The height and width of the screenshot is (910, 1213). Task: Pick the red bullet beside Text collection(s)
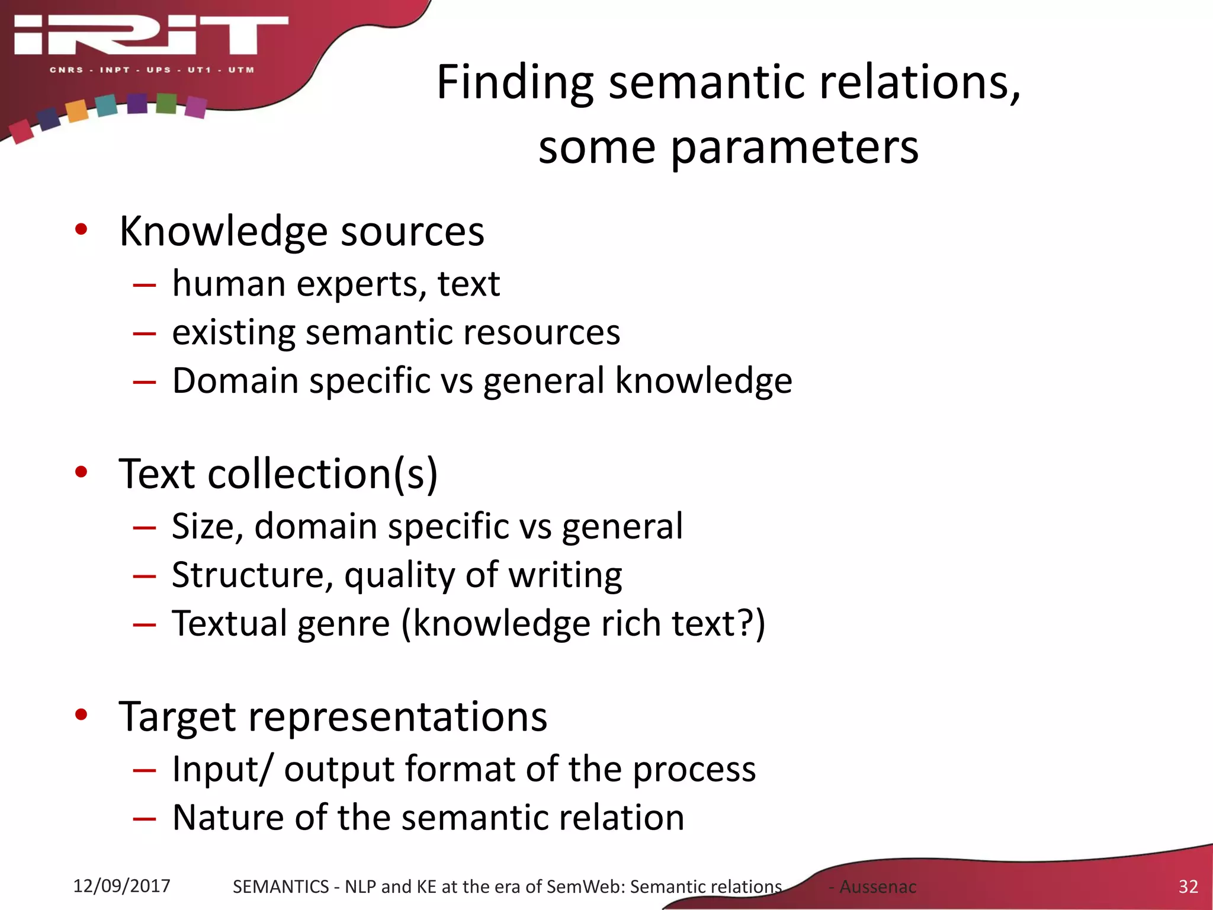tap(81, 472)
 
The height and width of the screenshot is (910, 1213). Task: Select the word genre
tap(344, 624)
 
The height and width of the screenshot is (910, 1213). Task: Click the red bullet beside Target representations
tap(81, 715)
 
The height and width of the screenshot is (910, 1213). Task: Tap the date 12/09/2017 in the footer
tap(121, 886)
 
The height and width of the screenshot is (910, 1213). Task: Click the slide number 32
tap(1188, 886)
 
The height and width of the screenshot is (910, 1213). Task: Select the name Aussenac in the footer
tap(878, 887)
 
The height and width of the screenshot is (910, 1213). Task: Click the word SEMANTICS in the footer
tap(280, 887)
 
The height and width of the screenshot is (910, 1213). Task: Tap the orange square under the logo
tap(76, 111)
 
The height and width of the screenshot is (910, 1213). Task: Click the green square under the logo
tap(166, 104)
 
